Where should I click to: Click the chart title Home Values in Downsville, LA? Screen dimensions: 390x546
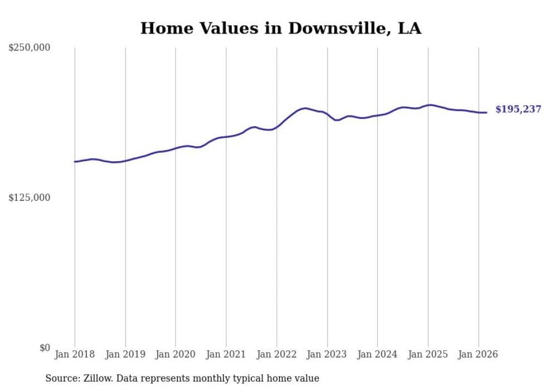280,28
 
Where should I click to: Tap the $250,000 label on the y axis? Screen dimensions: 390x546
29,48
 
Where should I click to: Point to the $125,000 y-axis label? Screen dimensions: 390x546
29,198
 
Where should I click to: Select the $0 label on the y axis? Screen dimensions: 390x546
45,348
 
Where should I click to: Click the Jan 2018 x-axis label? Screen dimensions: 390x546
75,354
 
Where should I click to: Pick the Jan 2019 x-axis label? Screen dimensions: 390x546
125,354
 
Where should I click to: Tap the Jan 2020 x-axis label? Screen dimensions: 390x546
175,354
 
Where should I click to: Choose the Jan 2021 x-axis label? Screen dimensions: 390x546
226,354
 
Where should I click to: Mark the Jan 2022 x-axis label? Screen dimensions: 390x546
276,354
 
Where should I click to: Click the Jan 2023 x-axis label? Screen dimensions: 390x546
327,354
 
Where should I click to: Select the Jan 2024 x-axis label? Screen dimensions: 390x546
377,354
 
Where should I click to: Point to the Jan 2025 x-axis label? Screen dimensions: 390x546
428,354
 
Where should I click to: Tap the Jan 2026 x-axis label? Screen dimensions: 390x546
478,354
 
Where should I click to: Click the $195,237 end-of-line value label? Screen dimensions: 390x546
518,109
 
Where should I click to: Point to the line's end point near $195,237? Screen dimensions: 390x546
486,113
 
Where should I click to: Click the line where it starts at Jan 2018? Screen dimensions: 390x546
75,161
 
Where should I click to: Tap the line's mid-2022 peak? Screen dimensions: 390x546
304,108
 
